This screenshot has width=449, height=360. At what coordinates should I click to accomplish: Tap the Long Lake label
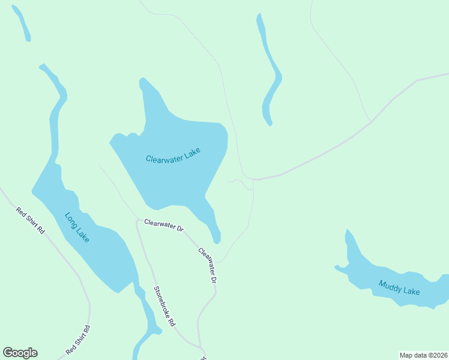(x=77, y=227)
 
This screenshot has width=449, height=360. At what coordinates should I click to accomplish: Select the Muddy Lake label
(x=399, y=287)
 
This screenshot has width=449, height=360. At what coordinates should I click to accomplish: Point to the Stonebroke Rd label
(x=164, y=306)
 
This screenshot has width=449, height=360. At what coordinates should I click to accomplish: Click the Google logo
(x=20, y=353)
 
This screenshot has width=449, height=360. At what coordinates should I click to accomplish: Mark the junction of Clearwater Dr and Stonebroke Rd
(x=138, y=220)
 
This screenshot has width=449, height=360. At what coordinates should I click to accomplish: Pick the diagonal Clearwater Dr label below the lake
(x=207, y=265)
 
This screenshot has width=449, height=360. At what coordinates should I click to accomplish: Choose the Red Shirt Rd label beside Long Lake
(x=31, y=220)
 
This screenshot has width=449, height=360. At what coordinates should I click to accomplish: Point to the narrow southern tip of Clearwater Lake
(x=217, y=238)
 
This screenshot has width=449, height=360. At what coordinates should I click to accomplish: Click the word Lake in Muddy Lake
(x=411, y=291)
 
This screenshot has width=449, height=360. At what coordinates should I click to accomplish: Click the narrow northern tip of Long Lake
(x=42, y=65)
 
